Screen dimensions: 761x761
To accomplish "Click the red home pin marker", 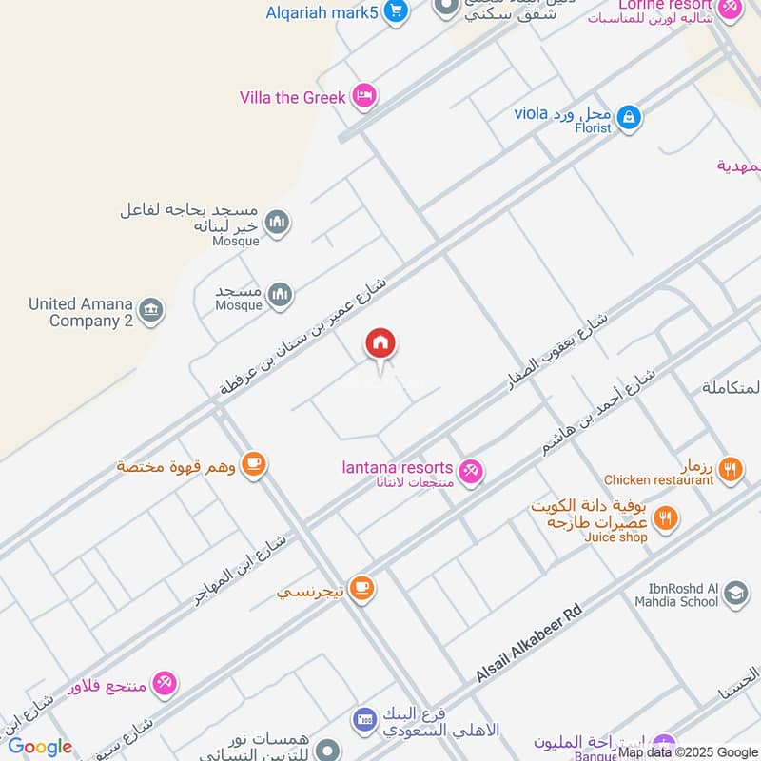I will [380, 344].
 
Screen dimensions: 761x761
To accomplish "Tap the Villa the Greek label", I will [292, 97].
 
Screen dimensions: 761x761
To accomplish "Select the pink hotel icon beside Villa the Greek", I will [362, 96].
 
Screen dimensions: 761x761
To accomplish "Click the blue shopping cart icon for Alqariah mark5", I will [397, 12].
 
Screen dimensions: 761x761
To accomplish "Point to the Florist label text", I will [592, 127].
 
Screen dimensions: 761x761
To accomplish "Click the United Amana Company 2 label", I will [81, 312].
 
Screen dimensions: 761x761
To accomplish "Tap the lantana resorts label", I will [398, 467].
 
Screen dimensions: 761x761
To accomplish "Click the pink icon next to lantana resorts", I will [470, 470].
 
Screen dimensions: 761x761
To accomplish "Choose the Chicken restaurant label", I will [658, 480].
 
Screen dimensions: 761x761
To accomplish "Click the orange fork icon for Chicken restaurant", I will [730, 468].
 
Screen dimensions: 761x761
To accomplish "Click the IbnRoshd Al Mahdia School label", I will [673, 595].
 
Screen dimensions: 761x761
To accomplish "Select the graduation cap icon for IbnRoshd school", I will [735, 595].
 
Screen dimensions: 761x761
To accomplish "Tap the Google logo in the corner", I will [40, 747].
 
